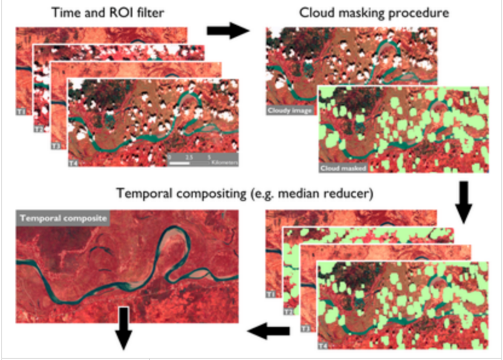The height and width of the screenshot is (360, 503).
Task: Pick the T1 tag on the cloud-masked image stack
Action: [x=271, y=294]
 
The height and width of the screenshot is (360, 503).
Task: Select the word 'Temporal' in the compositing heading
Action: [x=143, y=193]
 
